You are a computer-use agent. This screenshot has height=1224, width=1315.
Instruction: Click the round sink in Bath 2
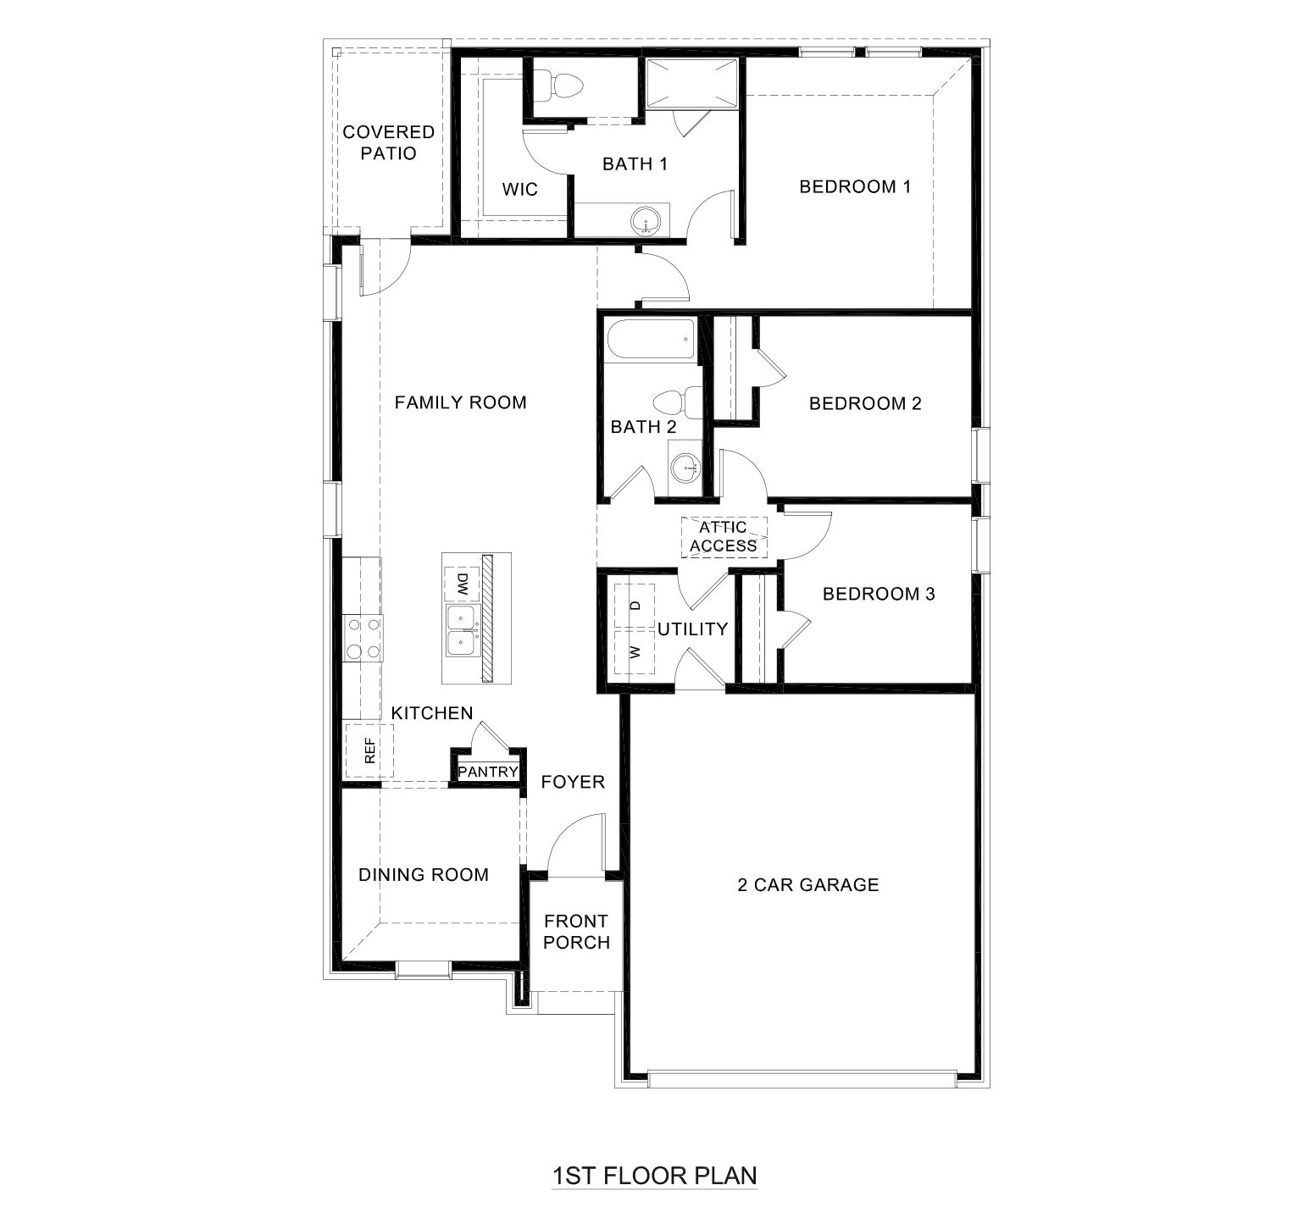(x=685, y=466)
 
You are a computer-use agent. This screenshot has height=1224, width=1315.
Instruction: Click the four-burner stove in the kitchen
(x=363, y=639)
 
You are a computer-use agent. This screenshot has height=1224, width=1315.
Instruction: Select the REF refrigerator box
(x=369, y=750)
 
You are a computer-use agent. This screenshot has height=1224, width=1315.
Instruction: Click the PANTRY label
(x=488, y=772)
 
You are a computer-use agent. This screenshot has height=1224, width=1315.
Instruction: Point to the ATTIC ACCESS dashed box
(x=724, y=537)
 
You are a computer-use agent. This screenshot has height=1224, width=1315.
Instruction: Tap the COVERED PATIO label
(x=388, y=142)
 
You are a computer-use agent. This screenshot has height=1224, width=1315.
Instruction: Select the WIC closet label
(x=519, y=189)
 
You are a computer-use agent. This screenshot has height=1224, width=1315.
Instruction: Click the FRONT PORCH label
(x=576, y=931)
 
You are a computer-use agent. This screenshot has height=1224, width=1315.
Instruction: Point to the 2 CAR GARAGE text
(x=807, y=885)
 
